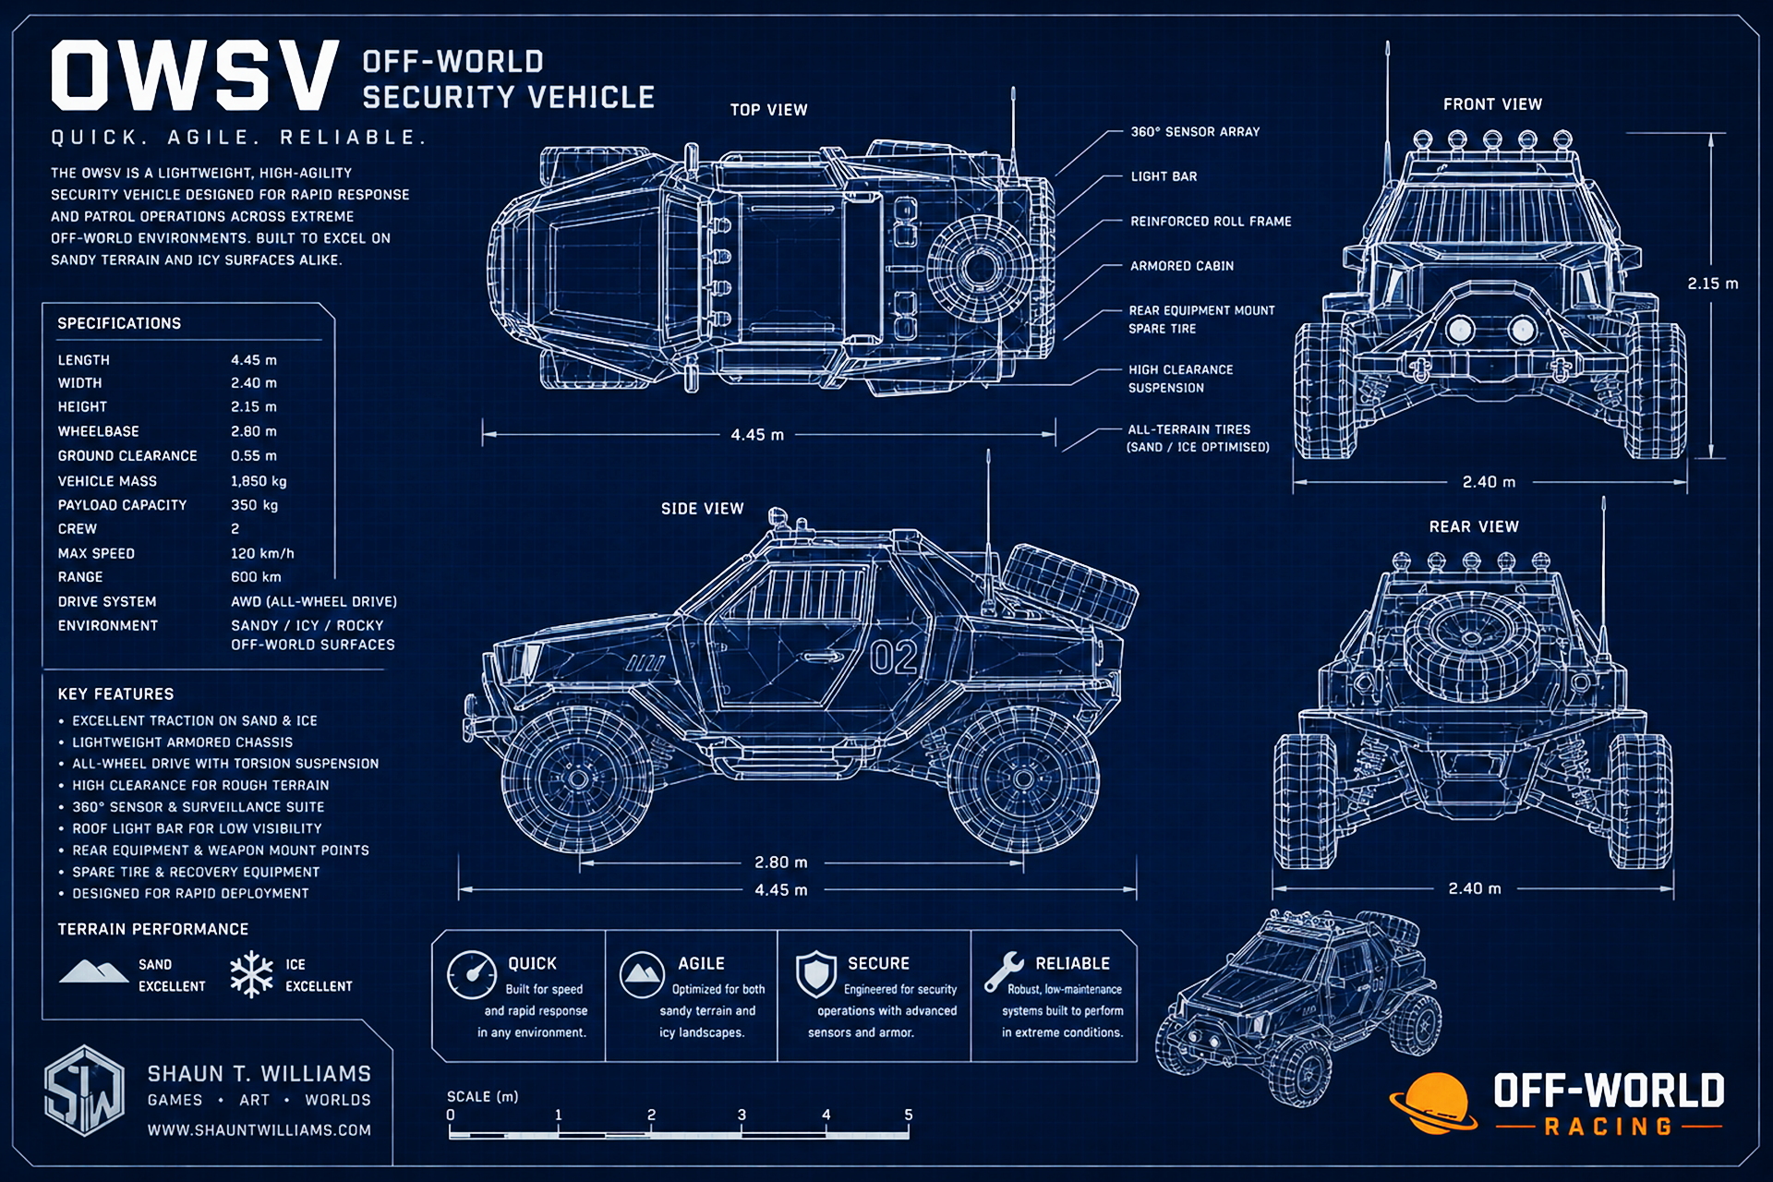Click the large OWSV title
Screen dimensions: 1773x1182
point(195,75)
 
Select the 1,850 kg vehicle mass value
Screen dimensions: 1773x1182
point(259,481)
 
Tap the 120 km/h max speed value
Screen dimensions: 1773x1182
point(262,553)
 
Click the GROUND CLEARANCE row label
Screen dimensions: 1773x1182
point(127,456)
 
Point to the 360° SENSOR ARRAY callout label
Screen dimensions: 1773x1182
point(1195,132)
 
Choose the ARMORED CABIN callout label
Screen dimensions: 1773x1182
point(1182,266)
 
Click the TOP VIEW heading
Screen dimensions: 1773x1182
point(769,110)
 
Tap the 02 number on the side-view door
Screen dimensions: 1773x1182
point(893,657)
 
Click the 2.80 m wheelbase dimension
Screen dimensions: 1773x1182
point(781,862)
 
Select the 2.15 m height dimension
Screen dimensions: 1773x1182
point(1713,283)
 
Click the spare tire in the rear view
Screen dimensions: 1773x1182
point(1472,646)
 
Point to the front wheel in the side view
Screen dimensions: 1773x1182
point(577,778)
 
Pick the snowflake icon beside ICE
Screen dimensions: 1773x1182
point(251,975)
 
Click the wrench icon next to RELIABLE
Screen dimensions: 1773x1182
point(1004,971)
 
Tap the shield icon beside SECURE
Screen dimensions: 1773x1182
point(816,973)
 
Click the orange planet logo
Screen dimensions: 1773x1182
point(1434,1103)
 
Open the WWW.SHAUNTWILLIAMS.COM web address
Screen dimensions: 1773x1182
point(259,1130)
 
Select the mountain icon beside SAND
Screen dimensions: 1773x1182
point(93,971)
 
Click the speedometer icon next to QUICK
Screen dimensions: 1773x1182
point(472,974)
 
